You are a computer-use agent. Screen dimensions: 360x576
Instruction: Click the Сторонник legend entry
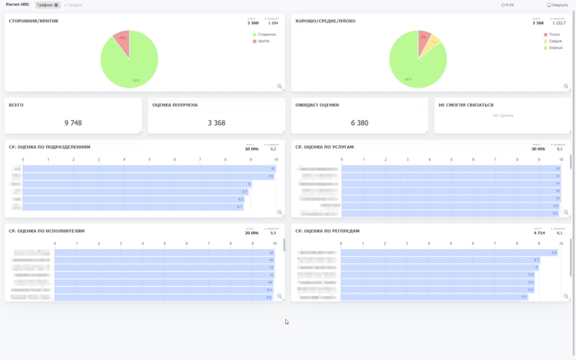click(x=266, y=34)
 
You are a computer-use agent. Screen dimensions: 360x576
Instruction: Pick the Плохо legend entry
click(x=553, y=34)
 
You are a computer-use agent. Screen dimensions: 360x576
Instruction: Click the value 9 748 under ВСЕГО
click(x=73, y=123)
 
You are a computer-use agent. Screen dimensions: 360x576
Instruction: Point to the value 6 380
click(x=359, y=123)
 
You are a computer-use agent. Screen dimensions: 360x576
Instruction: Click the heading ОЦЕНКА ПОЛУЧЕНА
click(x=175, y=105)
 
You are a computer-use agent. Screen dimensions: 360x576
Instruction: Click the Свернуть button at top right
click(x=558, y=5)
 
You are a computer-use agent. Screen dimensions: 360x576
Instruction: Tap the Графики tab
click(x=48, y=5)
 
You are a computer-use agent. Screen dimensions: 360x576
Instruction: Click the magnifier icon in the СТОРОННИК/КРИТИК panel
click(x=280, y=86)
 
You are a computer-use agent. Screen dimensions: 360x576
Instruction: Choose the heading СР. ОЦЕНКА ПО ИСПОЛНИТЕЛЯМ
click(x=47, y=231)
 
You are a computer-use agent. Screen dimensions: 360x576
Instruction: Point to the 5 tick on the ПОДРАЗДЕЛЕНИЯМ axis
click(x=150, y=160)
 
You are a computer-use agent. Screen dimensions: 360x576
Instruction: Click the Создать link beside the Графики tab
click(x=73, y=5)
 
